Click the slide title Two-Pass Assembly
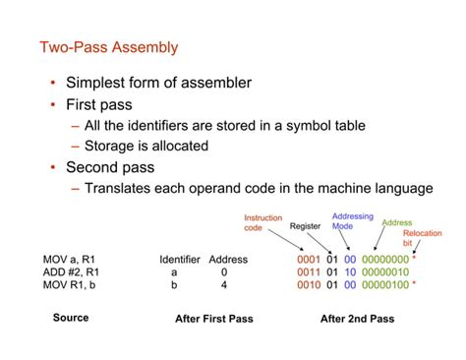click(109, 46)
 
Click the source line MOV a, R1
click(69, 260)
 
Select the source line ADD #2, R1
click(70, 272)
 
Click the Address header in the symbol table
click(228, 260)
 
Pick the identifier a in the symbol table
click(175, 272)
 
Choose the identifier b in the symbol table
click(175, 285)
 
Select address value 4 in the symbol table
click(225, 285)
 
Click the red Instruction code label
click(263, 223)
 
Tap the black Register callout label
click(306, 226)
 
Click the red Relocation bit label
click(423, 239)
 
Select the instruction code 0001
click(310, 260)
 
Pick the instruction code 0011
click(310, 272)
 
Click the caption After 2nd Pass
click(357, 319)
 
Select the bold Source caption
click(71, 318)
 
